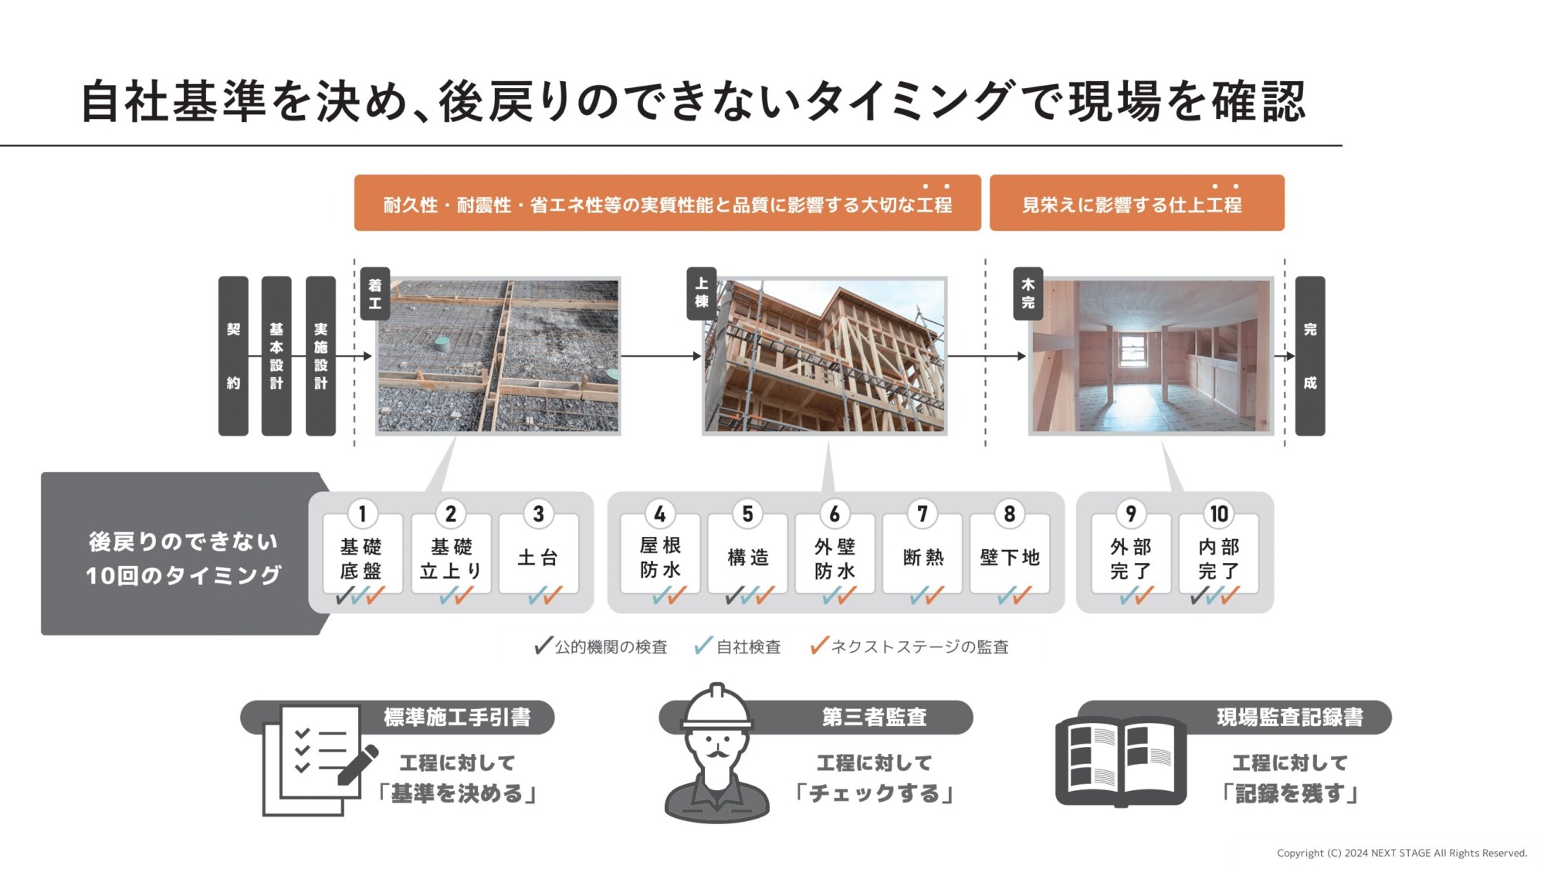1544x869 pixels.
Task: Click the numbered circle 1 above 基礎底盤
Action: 362,514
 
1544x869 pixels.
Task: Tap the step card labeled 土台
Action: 538,554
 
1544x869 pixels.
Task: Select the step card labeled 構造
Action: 747,554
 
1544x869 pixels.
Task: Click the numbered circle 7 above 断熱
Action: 922,514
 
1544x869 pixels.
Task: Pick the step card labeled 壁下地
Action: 1010,554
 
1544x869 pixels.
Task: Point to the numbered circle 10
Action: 1218,514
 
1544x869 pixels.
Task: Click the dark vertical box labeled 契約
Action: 233,356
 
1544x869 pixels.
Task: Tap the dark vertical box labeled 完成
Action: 1310,356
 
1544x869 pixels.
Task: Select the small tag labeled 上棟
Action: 702,294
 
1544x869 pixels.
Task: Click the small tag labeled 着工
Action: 375,294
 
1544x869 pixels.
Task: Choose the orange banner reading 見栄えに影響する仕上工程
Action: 1137,203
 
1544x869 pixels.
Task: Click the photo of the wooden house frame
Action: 824,356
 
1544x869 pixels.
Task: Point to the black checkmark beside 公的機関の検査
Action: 543,646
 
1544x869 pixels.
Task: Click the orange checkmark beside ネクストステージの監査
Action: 819,646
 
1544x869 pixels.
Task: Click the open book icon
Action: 1121,762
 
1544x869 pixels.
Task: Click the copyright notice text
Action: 1402,853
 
